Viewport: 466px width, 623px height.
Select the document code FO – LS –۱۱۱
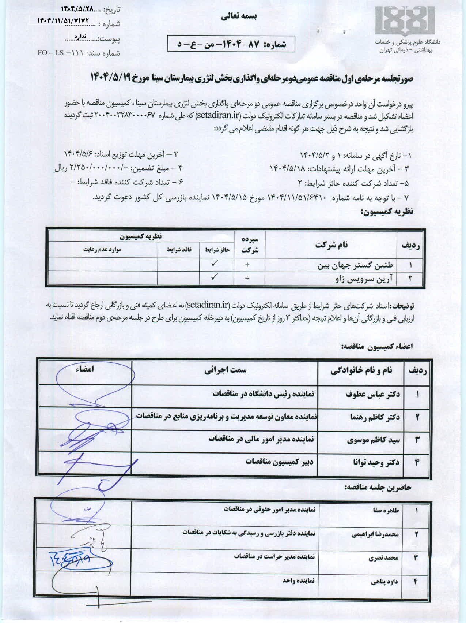(x=56, y=53)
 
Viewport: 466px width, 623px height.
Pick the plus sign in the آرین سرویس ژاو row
(x=247, y=279)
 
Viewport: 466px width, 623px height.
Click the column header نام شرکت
(x=331, y=245)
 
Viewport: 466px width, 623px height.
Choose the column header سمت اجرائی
(x=225, y=370)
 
